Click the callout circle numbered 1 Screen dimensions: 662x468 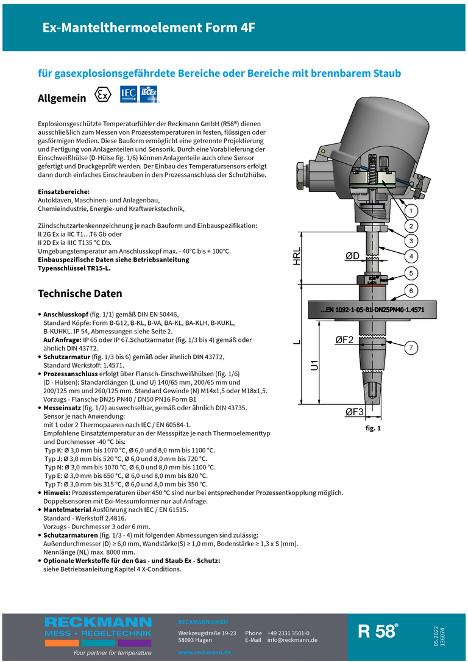click(x=411, y=211)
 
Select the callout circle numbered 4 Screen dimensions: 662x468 click(x=411, y=256)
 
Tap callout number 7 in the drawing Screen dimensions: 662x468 click(x=411, y=348)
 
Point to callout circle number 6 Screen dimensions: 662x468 click(x=411, y=291)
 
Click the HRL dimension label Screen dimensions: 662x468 click(x=297, y=257)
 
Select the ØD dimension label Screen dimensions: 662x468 click(x=352, y=257)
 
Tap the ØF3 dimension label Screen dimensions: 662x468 click(x=354, y=412)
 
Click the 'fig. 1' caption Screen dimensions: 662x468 click(x=372, y=429)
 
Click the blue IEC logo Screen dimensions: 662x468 click(x=129, y=94)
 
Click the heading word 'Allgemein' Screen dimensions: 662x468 click(x=62, y=98)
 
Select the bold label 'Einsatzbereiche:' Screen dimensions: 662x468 click(x=64, y=192)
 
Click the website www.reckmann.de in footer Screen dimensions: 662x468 click(x=204, y=652)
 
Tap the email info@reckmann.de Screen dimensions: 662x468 click(x=292, y=640)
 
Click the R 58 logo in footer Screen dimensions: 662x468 click(x=378, y=632)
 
